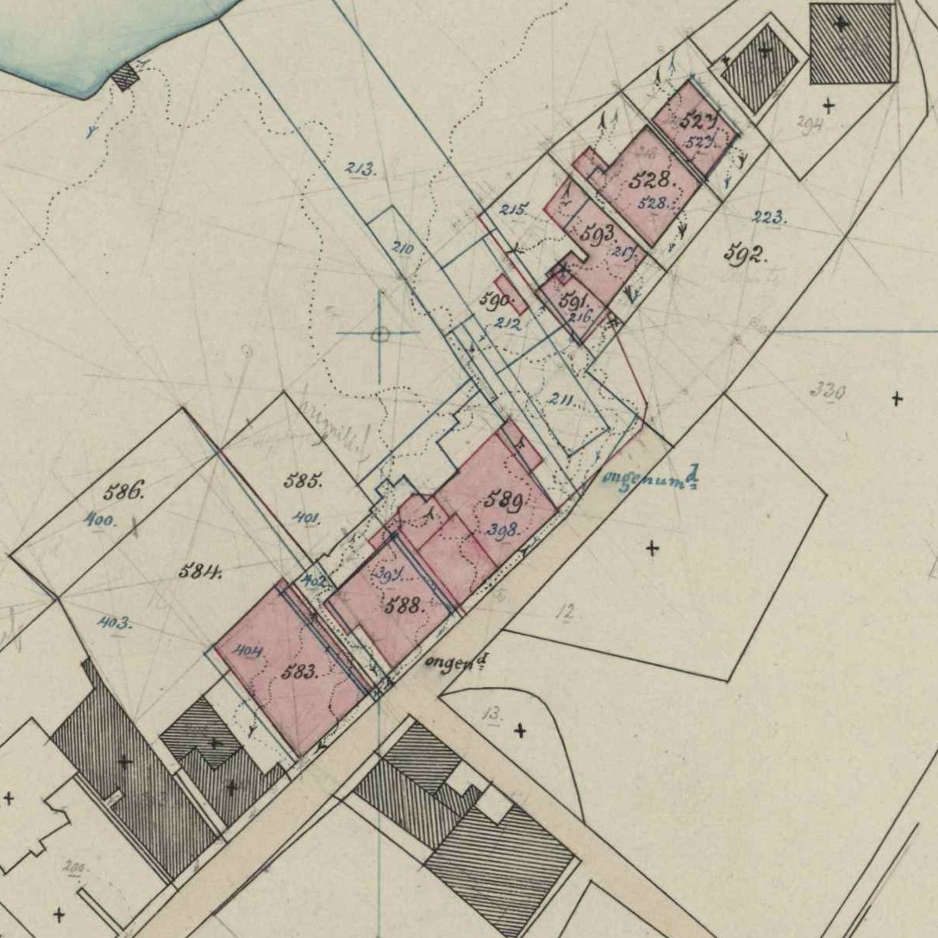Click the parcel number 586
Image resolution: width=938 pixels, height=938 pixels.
124,492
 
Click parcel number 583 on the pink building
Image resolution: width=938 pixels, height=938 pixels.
299,671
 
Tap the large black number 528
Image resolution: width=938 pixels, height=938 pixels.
650,180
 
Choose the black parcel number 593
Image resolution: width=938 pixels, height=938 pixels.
600,233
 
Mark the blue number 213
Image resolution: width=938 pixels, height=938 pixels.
360,167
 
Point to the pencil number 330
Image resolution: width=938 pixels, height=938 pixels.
828,389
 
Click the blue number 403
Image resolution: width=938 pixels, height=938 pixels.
114,623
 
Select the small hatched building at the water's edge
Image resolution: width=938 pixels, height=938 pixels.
125,77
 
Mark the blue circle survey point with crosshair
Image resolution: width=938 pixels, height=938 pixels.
381,335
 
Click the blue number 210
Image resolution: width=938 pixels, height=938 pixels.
402,249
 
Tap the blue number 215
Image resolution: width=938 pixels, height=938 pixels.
514,209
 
